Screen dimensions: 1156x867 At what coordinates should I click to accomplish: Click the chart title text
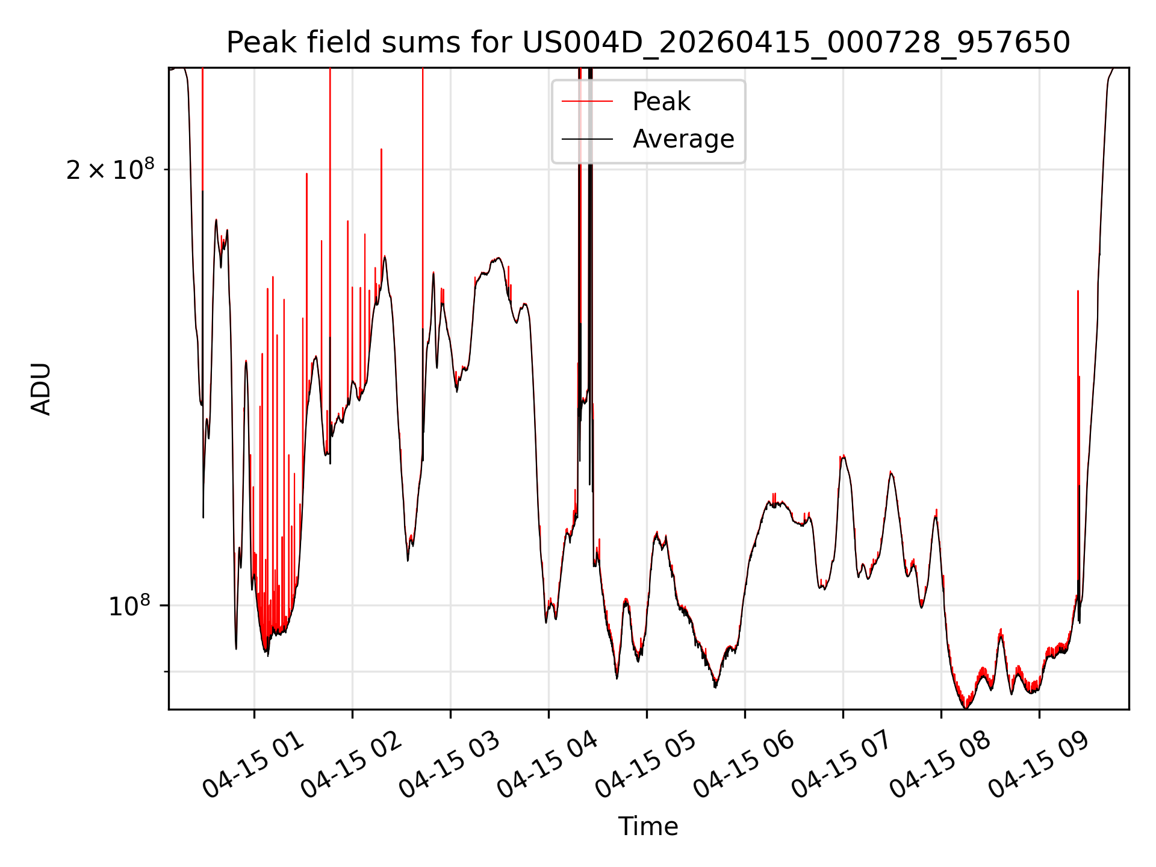tap(648, 43)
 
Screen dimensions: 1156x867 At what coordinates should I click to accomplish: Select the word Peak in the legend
tap(661, 102)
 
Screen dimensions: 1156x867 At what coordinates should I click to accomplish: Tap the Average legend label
tap(683, 139)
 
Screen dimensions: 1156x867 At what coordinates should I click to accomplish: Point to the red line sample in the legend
tap(587, 102)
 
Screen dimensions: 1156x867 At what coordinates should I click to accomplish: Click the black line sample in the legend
tap(587, 139)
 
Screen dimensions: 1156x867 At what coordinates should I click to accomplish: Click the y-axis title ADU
tap(42, 388)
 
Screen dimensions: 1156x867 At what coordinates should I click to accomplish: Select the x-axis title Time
tap(648, 827)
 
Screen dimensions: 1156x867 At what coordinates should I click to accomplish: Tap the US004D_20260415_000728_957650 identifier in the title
tap(796, 43)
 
